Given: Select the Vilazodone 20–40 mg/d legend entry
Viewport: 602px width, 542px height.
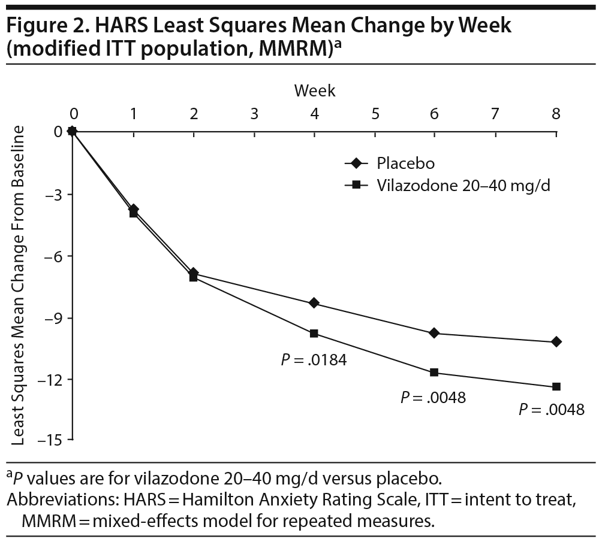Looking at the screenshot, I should tap(463, 185).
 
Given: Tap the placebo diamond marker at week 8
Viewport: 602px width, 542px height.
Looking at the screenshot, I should tap(556, 341).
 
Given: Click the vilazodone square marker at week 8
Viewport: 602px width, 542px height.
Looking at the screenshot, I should tap(556, 386).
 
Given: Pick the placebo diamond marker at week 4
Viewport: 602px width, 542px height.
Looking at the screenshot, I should tap(314, 303).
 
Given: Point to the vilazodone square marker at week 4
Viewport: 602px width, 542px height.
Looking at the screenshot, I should tap(314, 333).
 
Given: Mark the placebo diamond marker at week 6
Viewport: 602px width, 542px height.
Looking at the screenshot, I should tap(435, 333).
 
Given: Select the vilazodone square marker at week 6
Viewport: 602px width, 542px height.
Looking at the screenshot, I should tap(435, 373).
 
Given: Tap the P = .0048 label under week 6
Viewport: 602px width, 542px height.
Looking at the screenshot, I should tap(433, 397).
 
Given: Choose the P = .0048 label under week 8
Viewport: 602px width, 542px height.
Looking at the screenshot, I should tap(550, 410).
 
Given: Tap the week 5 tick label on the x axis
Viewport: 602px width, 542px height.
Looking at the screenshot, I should tap(375, 113).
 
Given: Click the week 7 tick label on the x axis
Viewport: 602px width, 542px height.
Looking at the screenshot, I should tap(495, 113).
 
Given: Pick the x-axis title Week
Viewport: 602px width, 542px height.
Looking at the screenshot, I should tap(314, 91).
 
